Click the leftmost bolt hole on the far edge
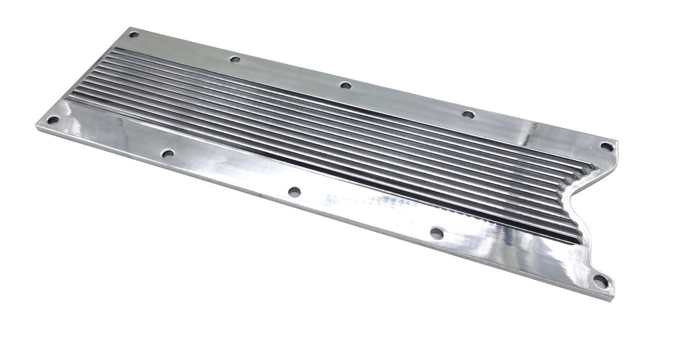(134, 35)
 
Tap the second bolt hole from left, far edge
(235, 59)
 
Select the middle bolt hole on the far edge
(345, 86)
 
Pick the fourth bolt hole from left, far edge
(468, 114)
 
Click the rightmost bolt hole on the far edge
(607, 146)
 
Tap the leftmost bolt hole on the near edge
(53, 120)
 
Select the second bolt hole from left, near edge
(167, 154)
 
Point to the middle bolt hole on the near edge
(294, 192)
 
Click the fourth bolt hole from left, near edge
(436, 233)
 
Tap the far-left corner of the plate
(37, 126)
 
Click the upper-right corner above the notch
(617, 142)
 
